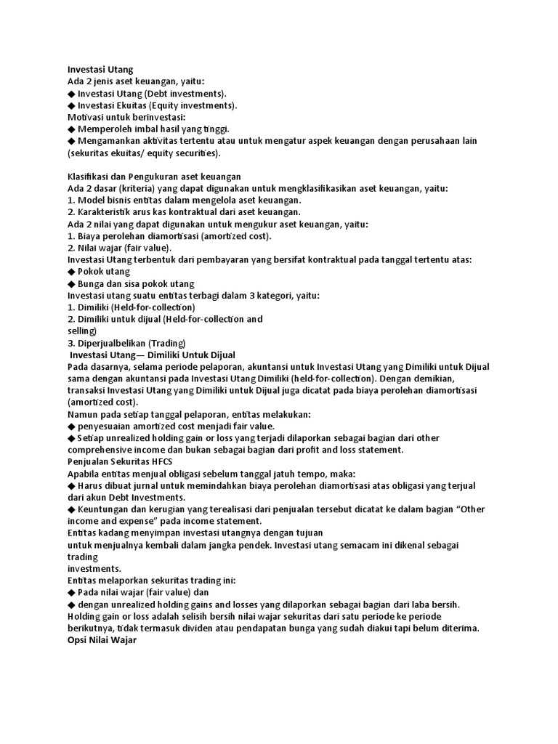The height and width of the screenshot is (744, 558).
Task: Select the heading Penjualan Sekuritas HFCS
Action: tap(115, 461)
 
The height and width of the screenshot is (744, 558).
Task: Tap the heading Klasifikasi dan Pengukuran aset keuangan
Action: tap(154, 177)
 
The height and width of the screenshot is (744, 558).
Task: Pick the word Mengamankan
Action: tap(109, 141)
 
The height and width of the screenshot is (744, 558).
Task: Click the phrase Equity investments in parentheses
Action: tap(197, 105)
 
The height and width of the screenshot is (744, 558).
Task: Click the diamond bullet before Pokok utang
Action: tap(71, 272)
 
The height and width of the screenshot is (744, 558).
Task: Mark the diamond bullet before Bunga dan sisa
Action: tap(71, 283)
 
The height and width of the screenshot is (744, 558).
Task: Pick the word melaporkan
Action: tap(126, 581)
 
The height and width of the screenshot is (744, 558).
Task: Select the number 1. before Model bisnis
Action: tap(71, 201)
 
